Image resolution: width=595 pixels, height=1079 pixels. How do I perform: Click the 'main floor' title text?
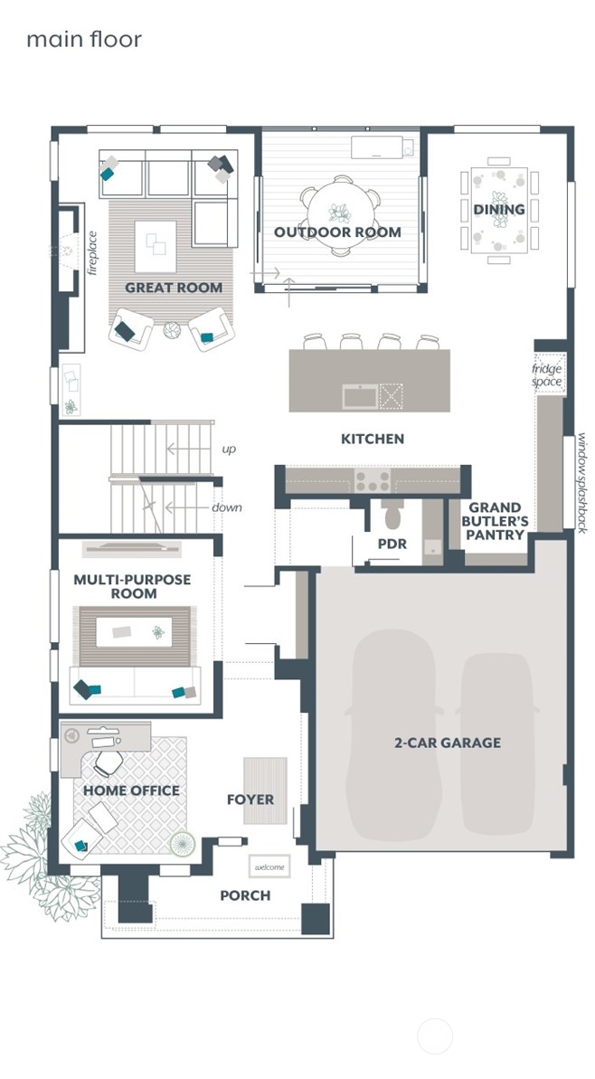pyautogui.click(x=84, y=40)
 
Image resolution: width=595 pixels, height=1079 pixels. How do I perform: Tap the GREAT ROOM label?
pyautogui.click(x=174, y=289)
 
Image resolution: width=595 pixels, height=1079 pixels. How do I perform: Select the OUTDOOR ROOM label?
pyautogui.click(x=337, y=232)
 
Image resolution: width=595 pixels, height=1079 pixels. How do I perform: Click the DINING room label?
pyautogui.click(x=499, y=210)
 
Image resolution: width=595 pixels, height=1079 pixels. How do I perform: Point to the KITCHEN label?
pyautogui.click(x=372, y=439)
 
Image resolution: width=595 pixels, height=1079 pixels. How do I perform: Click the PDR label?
pyautogui.click(x=392, y=544)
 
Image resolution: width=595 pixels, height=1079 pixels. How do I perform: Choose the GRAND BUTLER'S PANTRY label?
pyautogui.click(x=496, y=521)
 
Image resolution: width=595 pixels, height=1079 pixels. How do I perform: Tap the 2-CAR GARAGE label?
pyautogui.click(x=447, y=743)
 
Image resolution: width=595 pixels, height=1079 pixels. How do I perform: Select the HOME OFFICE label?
pyautogui.click(x=131, y=790)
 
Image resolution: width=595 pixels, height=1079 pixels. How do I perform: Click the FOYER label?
pyautogui.click(x=250, y=800)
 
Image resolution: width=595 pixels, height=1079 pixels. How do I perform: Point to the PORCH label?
pyautogui.click(x=245, y=895)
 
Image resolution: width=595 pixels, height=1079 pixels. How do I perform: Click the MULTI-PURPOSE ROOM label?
pyautogui.click(x=133, y=586)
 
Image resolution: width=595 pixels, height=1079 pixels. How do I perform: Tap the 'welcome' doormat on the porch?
pyautogui.click(x=269, y=867)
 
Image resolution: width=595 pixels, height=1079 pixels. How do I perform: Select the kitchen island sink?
pyautogui.click(x=359, y=396)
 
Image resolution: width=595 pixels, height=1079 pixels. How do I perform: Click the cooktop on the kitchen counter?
pyautogui.click(x=373, y=480)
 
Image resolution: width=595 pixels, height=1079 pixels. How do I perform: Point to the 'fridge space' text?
pyautogui.click(x=547, y=375)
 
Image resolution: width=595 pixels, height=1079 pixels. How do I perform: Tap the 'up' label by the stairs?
pyautogui.click(x=230, y=450)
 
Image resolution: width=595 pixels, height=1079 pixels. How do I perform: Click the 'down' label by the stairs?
pyautogui.click(x=227, y=507)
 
